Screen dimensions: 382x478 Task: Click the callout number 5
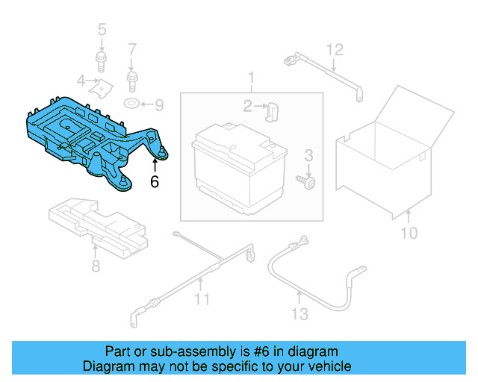[x=102, y=30]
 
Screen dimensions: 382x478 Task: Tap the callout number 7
[x=132, y=50]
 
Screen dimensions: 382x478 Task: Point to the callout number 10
[x=409, y=234]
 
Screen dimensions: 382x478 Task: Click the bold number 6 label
[x=155, y=181]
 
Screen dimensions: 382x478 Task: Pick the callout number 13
[x=299, y=314]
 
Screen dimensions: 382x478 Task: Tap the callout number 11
[x=202, y=300]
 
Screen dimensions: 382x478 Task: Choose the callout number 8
[x=96, y=266]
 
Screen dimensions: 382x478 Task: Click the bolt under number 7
[x=132, y=77]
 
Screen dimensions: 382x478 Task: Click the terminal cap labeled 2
[x=272, y=111]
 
